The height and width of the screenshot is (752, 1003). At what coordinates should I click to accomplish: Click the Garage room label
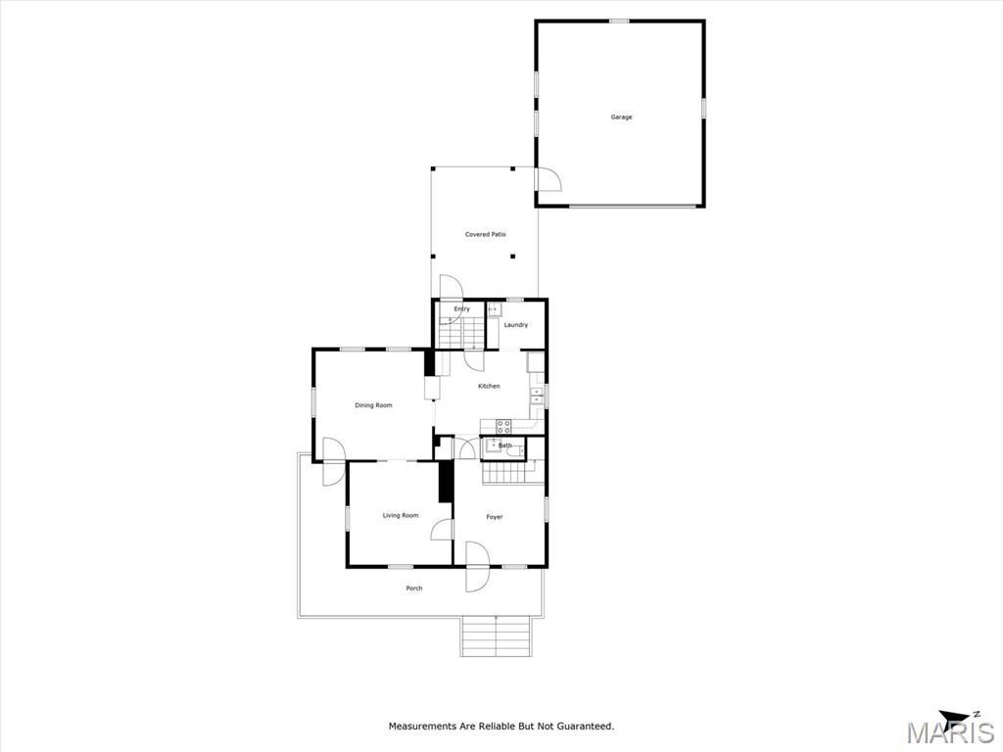click(x=621, y=117)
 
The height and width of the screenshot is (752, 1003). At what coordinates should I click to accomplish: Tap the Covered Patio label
click(x=486, y=235)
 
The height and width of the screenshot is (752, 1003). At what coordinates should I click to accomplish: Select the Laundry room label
click(x=516, y=325)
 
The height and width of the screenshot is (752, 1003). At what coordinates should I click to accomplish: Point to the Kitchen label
click(x=490, y=386)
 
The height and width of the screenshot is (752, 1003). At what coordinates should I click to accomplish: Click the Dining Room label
click(x=373, y=405)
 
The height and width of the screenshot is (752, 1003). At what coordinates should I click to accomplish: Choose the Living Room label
click(x=401, y=515)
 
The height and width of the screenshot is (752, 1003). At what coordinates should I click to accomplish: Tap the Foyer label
click(x=495, y=517)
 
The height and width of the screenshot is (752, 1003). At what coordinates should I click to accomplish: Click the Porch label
click(x=414, y=588)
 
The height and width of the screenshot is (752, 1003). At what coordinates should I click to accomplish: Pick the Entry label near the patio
click(x=462, y=308)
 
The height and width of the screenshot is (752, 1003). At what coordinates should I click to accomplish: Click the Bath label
click(x=505, y=446)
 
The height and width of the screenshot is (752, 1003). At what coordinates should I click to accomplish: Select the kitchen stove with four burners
click(x=504, y=427)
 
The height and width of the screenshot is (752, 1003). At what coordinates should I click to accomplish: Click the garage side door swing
click(x=549, y=180)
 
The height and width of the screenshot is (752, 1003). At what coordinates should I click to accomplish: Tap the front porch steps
click(x=496, y=636)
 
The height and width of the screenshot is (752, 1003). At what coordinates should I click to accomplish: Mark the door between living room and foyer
click(x=443, y=530)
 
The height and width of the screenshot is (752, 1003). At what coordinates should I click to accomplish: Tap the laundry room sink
click(x=495, y=310)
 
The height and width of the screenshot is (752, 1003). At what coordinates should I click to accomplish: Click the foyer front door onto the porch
click(x=477, y=567)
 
